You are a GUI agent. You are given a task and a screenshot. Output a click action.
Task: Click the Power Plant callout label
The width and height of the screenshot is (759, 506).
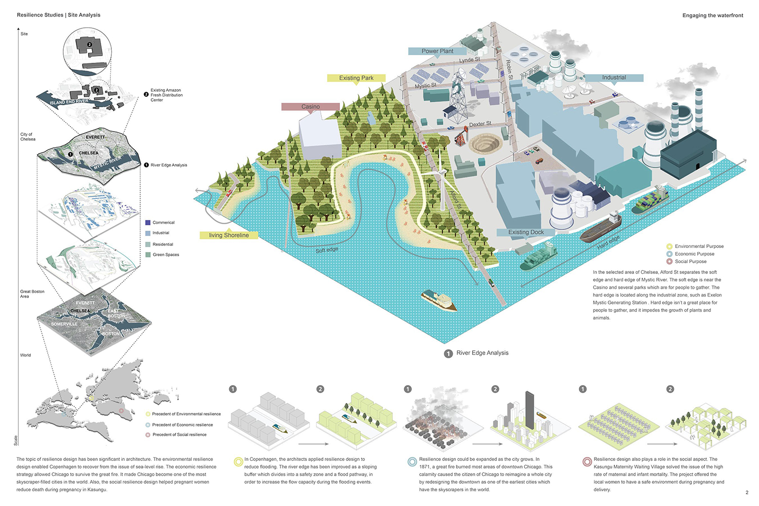tap(438, 51)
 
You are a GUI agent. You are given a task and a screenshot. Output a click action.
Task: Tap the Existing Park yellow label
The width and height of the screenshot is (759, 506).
tap(356, 78)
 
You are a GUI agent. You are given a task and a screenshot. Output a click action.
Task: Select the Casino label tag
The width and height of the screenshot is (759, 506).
tap(310, 107)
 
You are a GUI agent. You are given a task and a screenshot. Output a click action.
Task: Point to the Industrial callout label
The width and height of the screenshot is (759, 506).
tap(614, 77)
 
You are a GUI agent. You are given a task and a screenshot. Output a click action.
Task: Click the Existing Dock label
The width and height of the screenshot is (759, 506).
tap(526, 232)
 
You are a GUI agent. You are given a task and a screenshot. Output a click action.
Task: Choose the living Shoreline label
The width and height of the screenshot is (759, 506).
tap(229, 235)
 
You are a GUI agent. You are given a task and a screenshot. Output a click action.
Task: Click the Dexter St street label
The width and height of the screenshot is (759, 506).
tap(480, 124)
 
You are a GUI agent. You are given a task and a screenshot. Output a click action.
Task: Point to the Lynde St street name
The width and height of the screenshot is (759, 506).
tap(470, 60)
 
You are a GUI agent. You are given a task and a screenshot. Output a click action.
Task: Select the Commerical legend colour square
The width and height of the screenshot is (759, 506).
tap(148, 223)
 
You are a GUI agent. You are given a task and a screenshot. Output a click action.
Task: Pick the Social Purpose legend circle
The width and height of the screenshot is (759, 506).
tap(669, 262)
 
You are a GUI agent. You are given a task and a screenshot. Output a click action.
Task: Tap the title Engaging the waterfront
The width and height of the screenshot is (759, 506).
tap(712, 16)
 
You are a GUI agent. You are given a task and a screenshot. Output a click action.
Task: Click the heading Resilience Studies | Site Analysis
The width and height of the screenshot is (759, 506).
tap(59, 15)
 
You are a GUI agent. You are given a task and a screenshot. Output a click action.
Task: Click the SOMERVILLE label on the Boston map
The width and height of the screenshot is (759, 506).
tap(64, 324)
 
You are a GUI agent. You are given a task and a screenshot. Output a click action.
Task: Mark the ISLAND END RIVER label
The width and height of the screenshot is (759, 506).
tap(69, 102)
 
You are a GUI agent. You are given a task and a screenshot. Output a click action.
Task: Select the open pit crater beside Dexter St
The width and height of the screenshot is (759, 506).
tap(484, 144)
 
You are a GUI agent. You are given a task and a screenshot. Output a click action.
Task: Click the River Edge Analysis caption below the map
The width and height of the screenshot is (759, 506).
tap(482, 353)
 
